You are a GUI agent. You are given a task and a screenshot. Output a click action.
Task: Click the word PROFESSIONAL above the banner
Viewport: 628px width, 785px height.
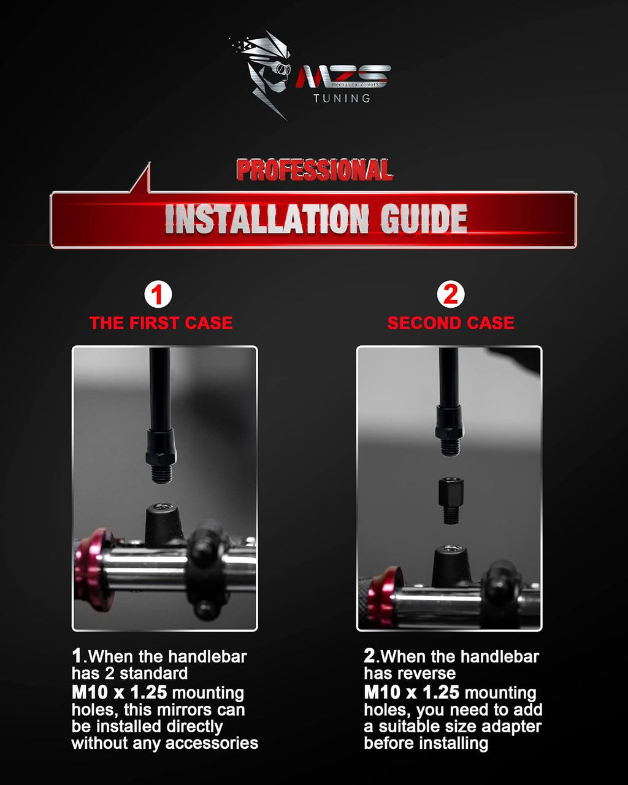point(314,170)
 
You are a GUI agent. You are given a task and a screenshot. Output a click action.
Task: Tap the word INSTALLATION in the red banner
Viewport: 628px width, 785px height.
point(267,219)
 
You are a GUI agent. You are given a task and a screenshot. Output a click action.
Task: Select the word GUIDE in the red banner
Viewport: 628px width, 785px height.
point(424,219)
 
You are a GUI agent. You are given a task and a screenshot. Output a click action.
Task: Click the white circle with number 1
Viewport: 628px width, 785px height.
point(158,294)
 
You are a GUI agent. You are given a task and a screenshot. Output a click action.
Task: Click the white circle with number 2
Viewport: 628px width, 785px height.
point(451,294)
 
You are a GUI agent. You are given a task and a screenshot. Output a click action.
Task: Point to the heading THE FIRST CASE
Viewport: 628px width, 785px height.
point(161,323)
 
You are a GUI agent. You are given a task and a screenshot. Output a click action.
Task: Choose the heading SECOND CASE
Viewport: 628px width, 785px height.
point(451,323)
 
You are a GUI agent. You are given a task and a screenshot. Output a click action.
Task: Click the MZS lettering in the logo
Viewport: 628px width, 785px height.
point(343,77)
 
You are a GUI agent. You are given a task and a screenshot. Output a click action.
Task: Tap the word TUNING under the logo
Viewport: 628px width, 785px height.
point(342,98)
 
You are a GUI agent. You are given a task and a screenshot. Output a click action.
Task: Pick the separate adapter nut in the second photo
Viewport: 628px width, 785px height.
point(451,500)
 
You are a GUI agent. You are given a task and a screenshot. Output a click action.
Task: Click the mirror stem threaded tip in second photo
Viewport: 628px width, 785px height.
point(450,447)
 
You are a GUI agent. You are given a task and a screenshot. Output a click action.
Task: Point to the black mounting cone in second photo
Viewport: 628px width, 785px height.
point(451,566)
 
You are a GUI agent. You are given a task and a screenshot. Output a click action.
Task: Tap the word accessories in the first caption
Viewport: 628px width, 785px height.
point(212,743)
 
